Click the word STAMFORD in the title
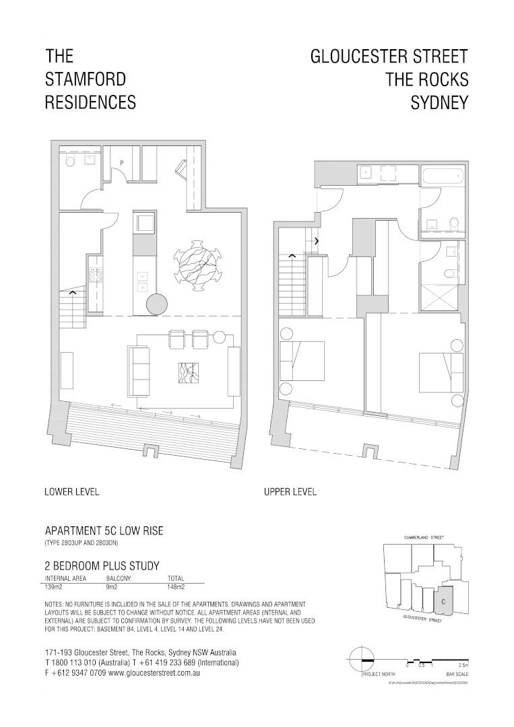[x=86, y=79]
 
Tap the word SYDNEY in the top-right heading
[x=439, y=102]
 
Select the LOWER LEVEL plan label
[x=71, y=492]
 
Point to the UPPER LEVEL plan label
[x=290, y=492]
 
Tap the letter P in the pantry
[x=121, y=163]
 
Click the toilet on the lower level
[x=71, y=162]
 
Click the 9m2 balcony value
[x=113, y=587]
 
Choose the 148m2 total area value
[x=176, y=587]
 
